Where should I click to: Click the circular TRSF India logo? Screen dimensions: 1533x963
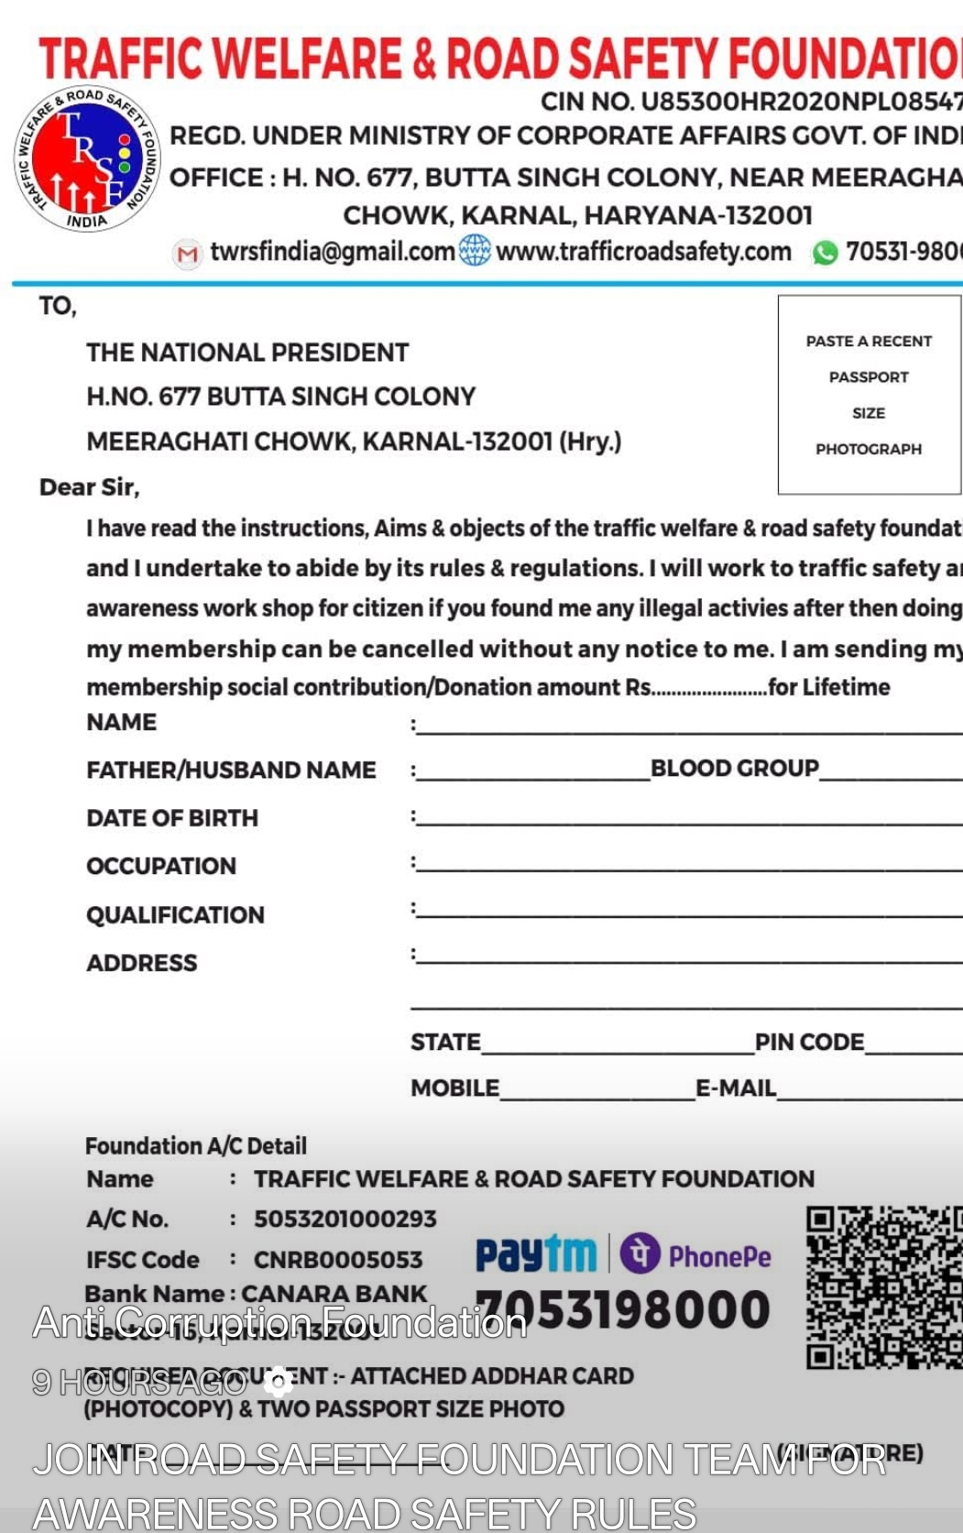coord(87,158)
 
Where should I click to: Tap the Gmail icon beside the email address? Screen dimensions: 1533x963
coord(188,253)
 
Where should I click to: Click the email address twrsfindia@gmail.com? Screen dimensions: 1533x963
coord(332,251)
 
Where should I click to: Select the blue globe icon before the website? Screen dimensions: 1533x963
coord(475,250)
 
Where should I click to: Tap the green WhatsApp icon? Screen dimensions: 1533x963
coord(825,252)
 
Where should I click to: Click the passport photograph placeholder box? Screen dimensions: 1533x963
coord(869,394)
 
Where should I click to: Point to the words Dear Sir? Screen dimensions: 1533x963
coord(89,487)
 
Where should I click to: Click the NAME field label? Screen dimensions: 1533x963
coord(121,722)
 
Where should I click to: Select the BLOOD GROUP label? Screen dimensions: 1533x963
coord(734,768)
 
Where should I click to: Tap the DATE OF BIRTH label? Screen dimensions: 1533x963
coord(172,817)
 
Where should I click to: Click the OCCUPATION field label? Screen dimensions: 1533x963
coord(161,866)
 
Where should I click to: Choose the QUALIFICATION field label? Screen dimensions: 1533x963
coord(175,914)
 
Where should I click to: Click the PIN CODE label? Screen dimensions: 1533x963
coord(809,1042)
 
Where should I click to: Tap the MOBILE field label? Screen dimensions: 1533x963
coord(454,1088)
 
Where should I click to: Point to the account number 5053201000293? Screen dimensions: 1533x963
coord(345,1219)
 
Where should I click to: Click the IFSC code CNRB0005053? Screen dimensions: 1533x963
coord(338,1260)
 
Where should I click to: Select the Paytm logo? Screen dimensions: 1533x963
coord(535,1254)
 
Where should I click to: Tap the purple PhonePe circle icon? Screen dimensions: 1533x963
coord(640,1253)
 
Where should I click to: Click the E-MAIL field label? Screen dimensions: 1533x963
coord(736,1088)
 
